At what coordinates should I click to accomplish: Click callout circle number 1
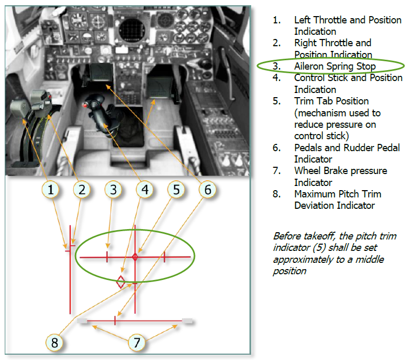[50, 190]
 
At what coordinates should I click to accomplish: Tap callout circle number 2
[82, 190]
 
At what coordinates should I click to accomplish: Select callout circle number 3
[113, 190]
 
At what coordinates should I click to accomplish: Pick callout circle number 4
[145, 190]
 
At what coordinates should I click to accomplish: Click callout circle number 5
[176, 190]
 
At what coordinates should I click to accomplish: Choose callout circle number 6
[207, 190]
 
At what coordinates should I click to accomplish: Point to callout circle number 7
[137, 342]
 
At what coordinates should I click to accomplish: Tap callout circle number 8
[55, 342]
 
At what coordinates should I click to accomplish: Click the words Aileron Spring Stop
[335, 66]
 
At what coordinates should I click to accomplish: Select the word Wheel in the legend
[308, 170]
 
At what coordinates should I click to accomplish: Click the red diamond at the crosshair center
[135, 257]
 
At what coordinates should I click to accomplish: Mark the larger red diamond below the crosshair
[121, 282]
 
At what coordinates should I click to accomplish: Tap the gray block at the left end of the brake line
[82, 321]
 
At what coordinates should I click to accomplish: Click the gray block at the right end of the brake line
[187, 321]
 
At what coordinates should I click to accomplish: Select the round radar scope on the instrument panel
[132, 30]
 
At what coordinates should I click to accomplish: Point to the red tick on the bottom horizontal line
[115, 321]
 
